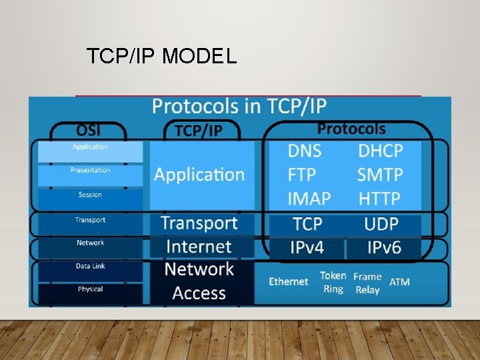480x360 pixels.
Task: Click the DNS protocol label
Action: pyautogui.click(x=305, y=151)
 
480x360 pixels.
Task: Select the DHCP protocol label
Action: pyautogui.click(x=380, y=151)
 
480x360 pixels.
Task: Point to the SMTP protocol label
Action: pyautogui.click(x=380, y=175)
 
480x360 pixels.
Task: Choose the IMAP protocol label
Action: pyautogui.click(x=309, y=198)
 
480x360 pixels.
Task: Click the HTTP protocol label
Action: pyautogui.click(x=379, y=198)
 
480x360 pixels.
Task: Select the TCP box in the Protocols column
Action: pyautogui.click(x=307, y=224)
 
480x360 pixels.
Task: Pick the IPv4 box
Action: pyautogui.click(x=307, y=248)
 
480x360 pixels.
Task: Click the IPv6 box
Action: pyautogui.click(x=383, y=248)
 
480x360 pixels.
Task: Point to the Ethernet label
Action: pyautogui.click(x=289, y=282)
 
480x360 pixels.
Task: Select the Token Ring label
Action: pyautogui.click(x=333, y=282)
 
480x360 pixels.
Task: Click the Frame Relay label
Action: pyautogui.click(x=367, y=283)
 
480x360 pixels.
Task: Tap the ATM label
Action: pyautogui.click(x=399, y=282)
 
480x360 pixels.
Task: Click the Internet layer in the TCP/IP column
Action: pyautogui.click(x=199, y=247)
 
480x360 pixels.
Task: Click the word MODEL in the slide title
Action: pyautogui.click(x=199, y=57)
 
